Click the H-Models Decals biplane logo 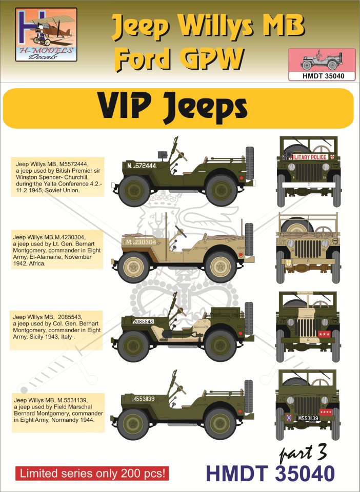tap(46, 34)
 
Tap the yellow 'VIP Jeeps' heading tap(173, 108)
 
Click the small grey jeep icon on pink tap(319, 60)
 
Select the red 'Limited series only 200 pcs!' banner tap(92, 473)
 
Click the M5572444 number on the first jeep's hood tap(142, 166)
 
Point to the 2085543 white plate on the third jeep tap(143, 322)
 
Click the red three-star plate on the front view tap(324, 334)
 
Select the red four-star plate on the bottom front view tap(326, 412)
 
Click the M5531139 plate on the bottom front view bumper tap(308, 418)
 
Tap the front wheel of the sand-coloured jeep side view tap(134, 267)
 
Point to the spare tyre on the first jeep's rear tap(250, 163)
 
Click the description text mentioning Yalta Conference tap(57, 177)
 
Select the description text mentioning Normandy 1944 tap(58, 410)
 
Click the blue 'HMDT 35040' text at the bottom tap(270, 474)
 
